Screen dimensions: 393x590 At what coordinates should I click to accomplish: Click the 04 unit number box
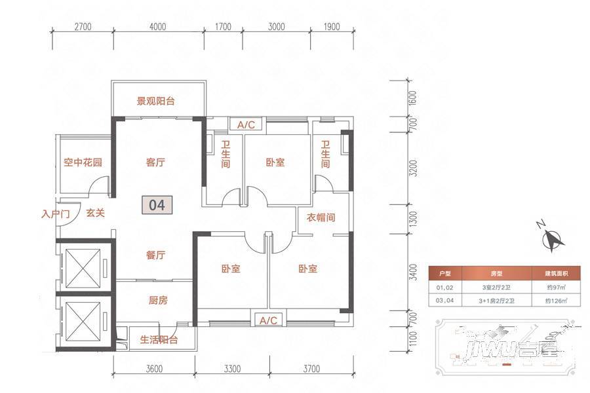(x=157, y=204)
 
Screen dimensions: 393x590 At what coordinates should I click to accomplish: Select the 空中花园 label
(x=82, y=162)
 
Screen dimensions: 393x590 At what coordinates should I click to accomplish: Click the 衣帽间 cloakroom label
(x=321, y=217)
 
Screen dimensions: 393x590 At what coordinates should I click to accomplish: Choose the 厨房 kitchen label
(x=158, y=301)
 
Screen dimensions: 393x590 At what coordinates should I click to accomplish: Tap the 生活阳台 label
(x=159, y=340)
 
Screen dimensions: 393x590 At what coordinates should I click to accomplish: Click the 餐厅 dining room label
(x=155, y=255)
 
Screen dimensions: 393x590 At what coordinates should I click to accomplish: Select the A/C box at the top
(x=246, y=124)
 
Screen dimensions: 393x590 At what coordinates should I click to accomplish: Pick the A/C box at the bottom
(x=269, y=320)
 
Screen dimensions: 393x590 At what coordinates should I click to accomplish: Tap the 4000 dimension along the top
(x=158, y=27)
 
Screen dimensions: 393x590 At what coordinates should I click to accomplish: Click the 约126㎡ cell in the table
(x=557, y=301)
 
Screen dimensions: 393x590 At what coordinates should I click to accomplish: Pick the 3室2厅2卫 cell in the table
(x=496, y=287)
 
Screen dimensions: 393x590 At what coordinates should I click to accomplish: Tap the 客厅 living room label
(x=155, y=162)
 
